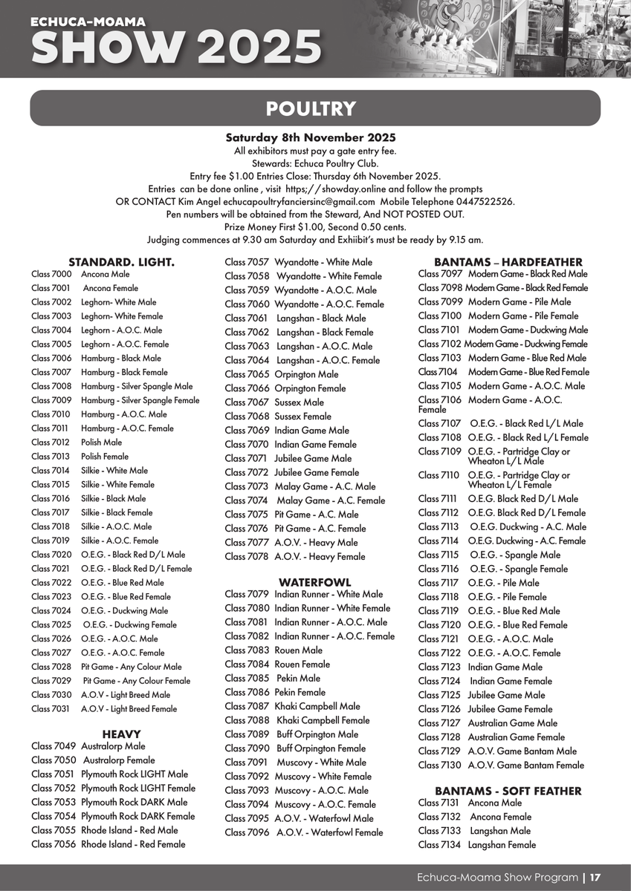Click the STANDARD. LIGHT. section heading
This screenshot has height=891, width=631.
point(121,262)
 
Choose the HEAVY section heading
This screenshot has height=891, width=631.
point(121,734)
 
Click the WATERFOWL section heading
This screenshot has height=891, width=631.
point(314,583)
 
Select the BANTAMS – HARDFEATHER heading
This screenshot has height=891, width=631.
point(508,262)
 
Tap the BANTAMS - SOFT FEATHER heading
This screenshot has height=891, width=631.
point(508,792)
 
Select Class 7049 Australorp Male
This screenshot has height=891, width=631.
point(88,746)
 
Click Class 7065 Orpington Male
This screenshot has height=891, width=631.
point(282,374)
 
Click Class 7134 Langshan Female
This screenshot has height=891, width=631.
point(476,845)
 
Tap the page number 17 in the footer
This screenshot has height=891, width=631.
point(595,878)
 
